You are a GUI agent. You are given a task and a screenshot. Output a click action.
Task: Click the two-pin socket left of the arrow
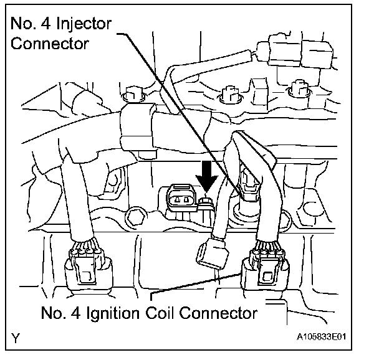coord(180,200)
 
